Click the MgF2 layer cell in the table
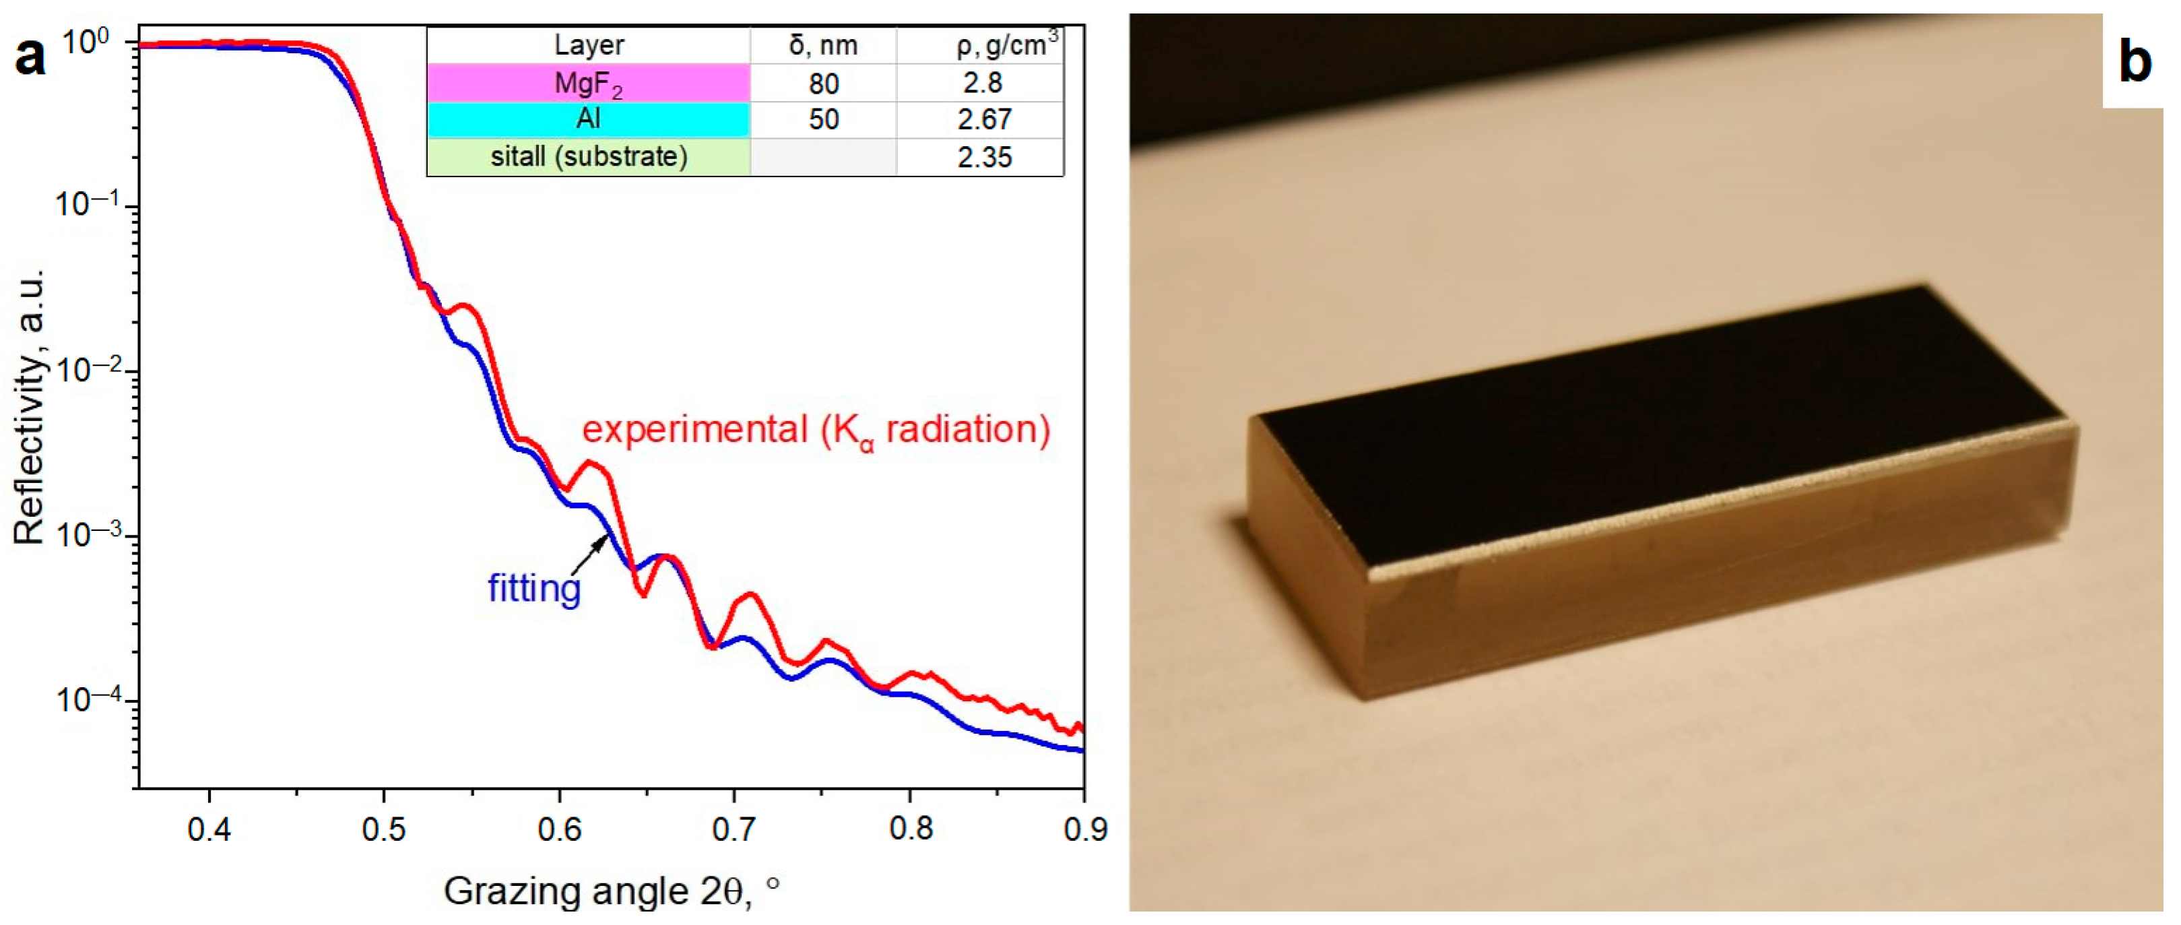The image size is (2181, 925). pyautogui.click(x=589, y=83)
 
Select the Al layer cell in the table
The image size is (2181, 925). pyautogui.click(x=589, y=119)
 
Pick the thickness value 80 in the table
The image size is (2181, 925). pyautogui.click(x=823, y=83)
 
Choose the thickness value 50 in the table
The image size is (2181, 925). pyautogui.click(x=823, y=119)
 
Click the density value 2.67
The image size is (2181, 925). pyautogui.click(x=984, y=119)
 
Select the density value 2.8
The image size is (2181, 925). pyautogui.click(x=982, y=83)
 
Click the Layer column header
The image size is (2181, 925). pyautogui.click(x=589, y=45)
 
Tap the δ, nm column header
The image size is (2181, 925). pyautogui.click(x=823, y=45)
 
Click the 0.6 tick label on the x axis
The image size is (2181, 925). pyautogui.click(x=559, y=829)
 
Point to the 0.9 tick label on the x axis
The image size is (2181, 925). pyautogui.click(x=1084, y=829)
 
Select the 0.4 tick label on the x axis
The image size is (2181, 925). pyautogui.click(x=209, y=829)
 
